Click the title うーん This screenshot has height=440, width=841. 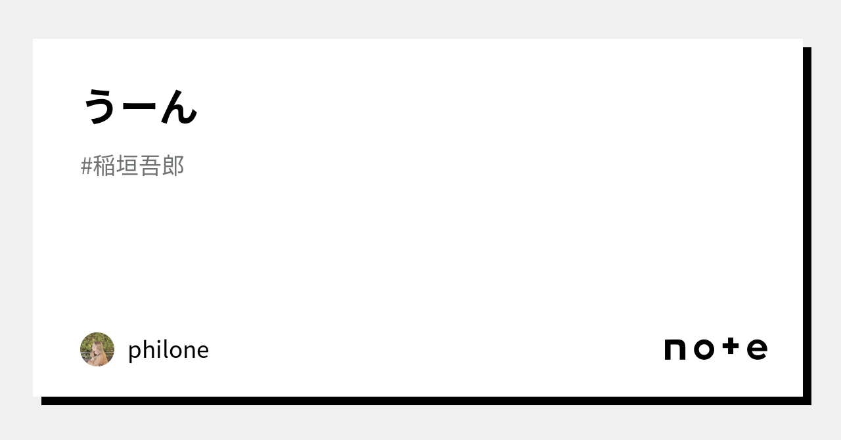pos(140,106)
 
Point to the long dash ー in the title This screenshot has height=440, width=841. pos(140,108)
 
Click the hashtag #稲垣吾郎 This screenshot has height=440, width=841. pos(132,166)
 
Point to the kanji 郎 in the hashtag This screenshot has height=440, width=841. pos(173,166)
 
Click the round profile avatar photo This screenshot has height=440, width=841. pos(97,349)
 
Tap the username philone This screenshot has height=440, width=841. pos(168,350)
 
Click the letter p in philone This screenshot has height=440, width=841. pos(135,352)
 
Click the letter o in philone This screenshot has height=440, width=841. pos(174,351)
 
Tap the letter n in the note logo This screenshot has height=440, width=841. pos(675,349)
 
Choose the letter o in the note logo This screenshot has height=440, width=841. pos(703,349)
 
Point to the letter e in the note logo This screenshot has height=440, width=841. pos(757,349)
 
